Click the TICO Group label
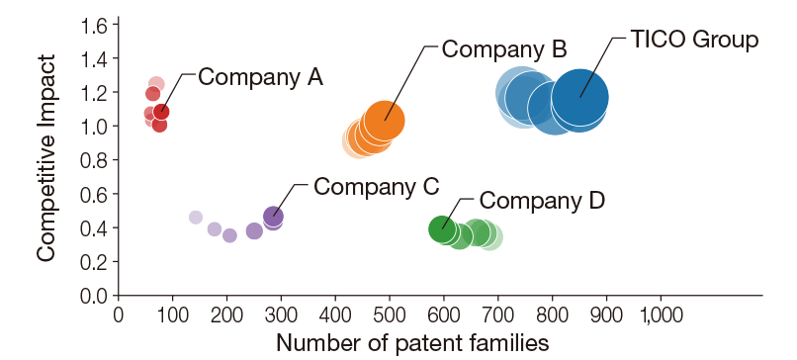[x=693, y=41]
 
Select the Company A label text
[x=261, y=77]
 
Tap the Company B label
[x=503, y=48]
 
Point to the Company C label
[x=377, y=186]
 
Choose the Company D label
[x=542, y=201]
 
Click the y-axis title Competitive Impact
[x=45, y=158]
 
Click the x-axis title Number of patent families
[x=411, y=343]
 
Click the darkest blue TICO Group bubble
[x=580, y=97]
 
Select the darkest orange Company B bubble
[x=385, y=121]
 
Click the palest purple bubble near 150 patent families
[x=196, y=218]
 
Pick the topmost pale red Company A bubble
[x=156, y=85]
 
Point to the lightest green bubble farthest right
[x=489, y=236]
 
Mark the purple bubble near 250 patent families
[x=254, y=230]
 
